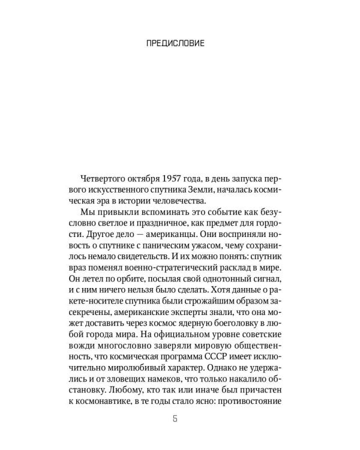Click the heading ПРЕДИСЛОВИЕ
tap(179, 43)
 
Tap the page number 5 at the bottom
tap(180, 418)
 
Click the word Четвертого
tap(108, 181)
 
